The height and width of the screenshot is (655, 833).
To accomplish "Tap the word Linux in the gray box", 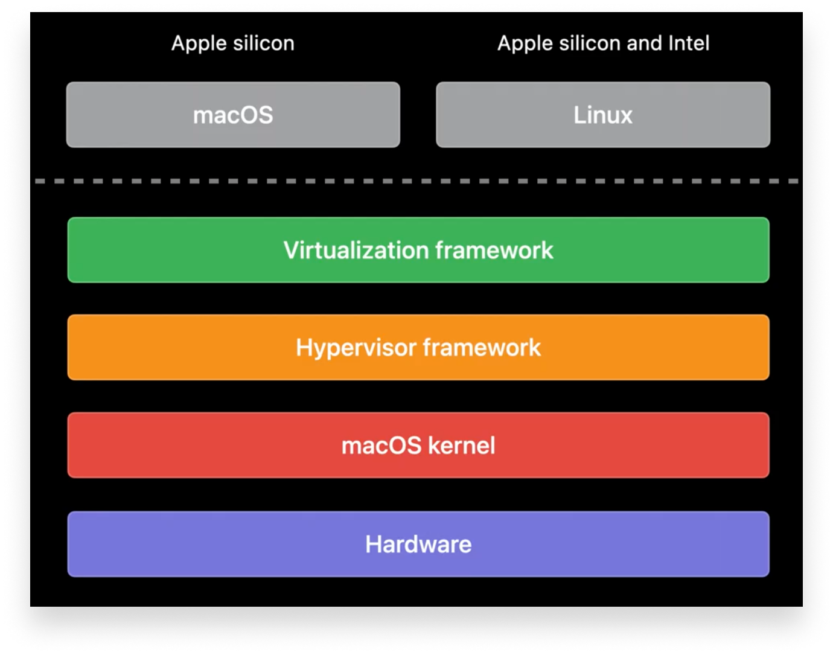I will tap(602, 115).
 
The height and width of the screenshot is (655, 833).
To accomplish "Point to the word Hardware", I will tap(418, 545).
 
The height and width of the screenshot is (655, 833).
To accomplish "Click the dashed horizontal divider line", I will tap(416, 181).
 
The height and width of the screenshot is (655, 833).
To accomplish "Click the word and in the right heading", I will tap(645, 43).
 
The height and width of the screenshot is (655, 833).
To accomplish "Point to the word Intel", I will tap(689, 43).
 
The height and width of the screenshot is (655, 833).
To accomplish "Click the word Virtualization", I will tap(356, 251).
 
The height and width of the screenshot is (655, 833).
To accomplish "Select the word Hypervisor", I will tap(356, 348).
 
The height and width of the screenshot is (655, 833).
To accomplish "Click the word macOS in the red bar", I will tap(381, 446).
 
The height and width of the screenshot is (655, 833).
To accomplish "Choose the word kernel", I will tap(462, 446).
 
